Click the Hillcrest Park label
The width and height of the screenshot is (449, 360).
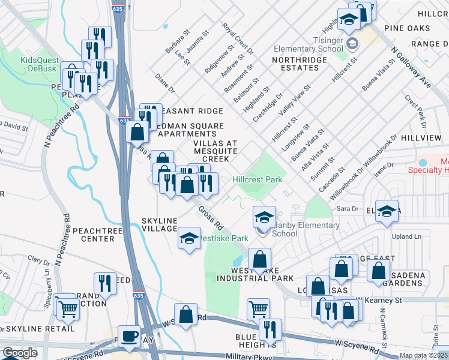click(257, 179)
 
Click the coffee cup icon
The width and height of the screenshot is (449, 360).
click(129, 337)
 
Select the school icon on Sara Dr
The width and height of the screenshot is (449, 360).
click(387, 211)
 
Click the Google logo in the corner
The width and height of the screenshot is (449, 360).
click(20, 353)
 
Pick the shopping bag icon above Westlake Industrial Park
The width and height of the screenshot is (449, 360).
click(260, 260)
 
